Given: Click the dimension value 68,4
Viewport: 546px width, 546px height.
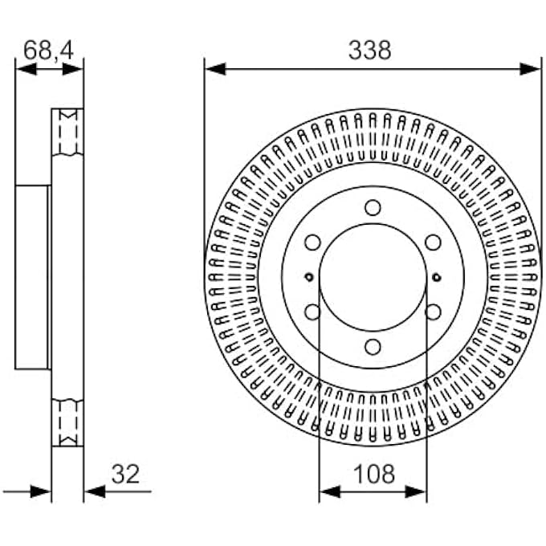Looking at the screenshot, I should [x=48, y=50].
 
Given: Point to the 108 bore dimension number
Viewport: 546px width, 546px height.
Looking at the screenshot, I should [x=373, y=474].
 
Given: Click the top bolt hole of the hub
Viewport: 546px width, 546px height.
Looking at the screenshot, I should [x=373, y=208].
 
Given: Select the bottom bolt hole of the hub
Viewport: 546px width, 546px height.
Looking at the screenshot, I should [x=373, y=346].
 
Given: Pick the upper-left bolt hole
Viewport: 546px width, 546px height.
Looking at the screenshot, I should [x=313, y=242].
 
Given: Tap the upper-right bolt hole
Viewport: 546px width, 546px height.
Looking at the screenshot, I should [x=433, y=242].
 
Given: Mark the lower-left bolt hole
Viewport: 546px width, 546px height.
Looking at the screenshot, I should [x=313, y=312].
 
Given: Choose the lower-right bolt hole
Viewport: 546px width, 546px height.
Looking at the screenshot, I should [x=433, y=312].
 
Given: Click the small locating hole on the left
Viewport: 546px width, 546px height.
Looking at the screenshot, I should [x=309, y=278].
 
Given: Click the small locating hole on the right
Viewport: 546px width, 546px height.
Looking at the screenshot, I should [x=436, y=278].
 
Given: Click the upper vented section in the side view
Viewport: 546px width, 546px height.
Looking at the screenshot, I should [x=67, y=132].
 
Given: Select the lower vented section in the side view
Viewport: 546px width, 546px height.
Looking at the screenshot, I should [x=67, y=422].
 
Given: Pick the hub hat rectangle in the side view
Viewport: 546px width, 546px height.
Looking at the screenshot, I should [x=33, y=277].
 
